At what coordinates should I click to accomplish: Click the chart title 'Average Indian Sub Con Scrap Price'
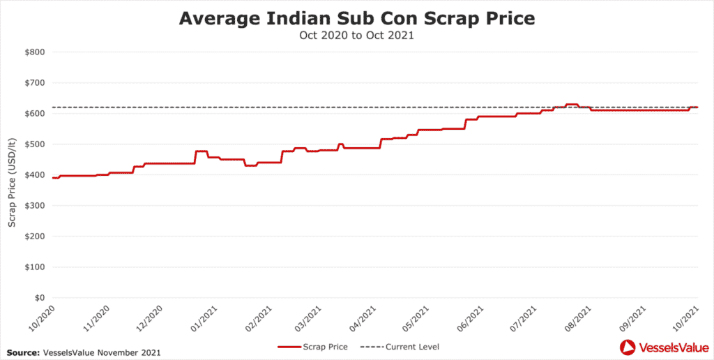[x=357, y=18]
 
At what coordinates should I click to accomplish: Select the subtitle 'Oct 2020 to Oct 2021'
[x=357, y=36]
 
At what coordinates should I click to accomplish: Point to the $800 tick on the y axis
[x=35, y=52]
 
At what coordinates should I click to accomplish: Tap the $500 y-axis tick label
[x=35, y=144]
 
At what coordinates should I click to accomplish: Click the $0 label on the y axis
[x=40, y=298]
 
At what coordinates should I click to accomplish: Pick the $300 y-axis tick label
[x=35, y=206]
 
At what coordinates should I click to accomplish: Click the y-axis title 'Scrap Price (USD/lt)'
[x=12, y=175]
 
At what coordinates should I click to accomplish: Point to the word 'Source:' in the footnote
[x=22, y=352]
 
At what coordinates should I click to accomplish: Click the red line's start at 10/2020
[x=53, y=178]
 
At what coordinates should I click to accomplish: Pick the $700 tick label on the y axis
[x=35, y=83]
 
